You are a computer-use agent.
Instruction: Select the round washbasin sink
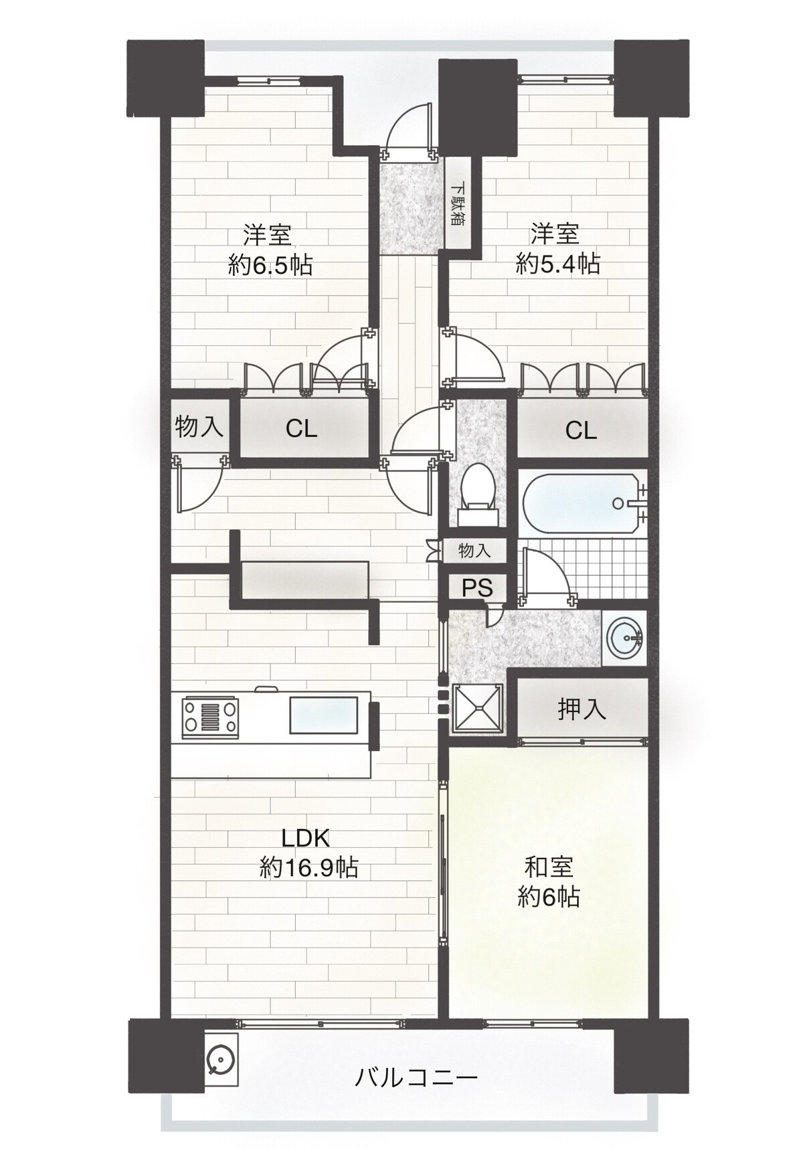624,639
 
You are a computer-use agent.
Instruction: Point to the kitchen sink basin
323,715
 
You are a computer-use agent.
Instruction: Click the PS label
477,588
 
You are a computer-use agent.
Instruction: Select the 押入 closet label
582,709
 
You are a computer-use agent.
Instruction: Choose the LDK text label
305,838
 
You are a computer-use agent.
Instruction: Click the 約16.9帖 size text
308,868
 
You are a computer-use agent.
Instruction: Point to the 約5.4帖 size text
557,264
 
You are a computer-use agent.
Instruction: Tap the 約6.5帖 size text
270,266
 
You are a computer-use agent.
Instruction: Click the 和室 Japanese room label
549,867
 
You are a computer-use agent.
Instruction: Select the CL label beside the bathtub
581,430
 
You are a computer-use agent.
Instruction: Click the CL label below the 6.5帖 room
301,429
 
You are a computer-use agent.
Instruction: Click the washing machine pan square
478,708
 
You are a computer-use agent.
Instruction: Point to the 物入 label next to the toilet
474,551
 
